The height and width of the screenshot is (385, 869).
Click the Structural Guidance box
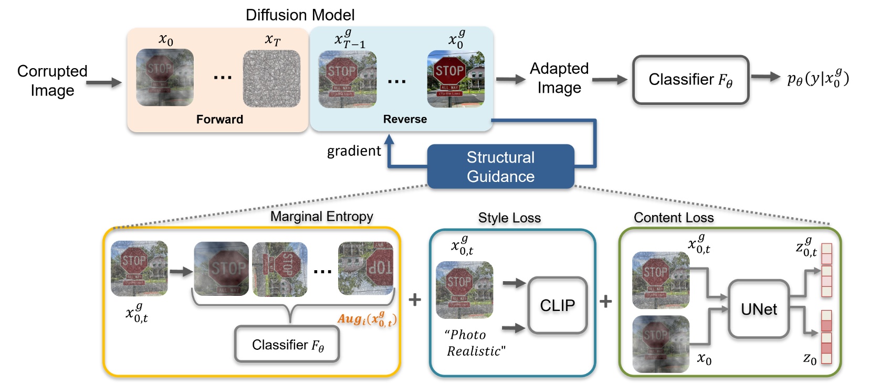click(x=500, y=167)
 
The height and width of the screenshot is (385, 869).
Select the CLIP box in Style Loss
click(x=557, y=305)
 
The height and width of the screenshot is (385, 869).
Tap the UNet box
click(x=758, y=309)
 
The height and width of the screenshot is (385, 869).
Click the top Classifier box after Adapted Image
click(x=690, y=80)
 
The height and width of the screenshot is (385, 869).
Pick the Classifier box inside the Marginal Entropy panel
click(x=287, y=345)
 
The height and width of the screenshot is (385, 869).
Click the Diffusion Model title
click(x=300, y=15)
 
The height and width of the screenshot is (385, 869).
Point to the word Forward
click(x=219, y=120)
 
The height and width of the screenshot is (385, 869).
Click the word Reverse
click(x=405, y=120)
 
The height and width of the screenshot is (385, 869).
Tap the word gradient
click(x=353, y=151)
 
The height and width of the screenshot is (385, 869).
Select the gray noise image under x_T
click(x=271, y=79)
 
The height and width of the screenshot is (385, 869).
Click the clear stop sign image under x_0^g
click(x=455, y=79)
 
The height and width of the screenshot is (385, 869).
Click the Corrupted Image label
click(x=52, y=80)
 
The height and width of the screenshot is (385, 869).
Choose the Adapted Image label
click(x=559, y=78)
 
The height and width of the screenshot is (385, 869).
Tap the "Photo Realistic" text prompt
click(x=475, y=343)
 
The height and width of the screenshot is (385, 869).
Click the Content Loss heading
click(x=673, y=218)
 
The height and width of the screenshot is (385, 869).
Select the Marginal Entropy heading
click(x=321, y=217)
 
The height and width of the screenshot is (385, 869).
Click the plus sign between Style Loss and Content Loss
click(x=605, y=301)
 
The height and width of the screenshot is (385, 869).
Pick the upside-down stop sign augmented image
click(x=366, y=268)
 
